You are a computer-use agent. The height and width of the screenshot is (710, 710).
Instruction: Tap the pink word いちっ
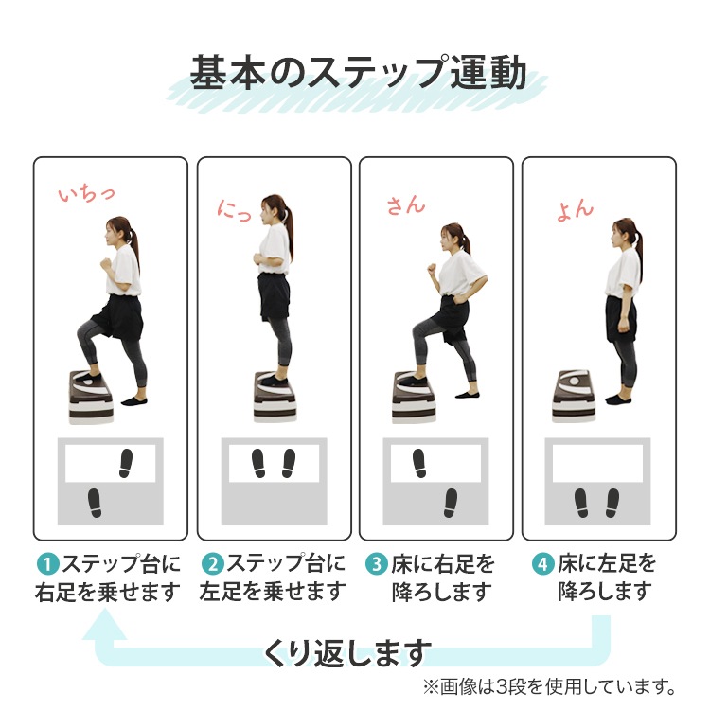[86, 194]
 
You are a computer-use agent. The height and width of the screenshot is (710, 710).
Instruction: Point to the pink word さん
[406, 204]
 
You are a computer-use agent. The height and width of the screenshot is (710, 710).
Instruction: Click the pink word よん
[575, 209]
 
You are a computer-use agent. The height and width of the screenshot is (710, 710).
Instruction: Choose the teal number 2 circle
[211, 565]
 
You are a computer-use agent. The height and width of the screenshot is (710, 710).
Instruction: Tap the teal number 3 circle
[377, 565]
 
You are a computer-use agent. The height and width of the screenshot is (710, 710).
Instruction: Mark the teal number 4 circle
[542, 565]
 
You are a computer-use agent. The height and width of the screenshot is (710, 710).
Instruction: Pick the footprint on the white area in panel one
[125, 461]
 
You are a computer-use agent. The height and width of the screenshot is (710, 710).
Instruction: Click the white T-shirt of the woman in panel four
[624, 266]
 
